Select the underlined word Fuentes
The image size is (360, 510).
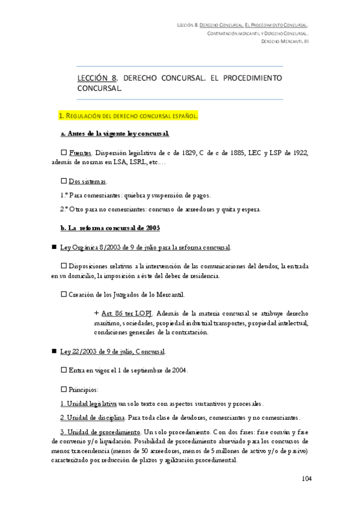[x=81, y=152]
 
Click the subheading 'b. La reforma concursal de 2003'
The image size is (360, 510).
[x=110, y=229]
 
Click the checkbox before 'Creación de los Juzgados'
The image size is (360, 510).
[x=64, y=295]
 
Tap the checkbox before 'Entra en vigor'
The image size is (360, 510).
[x=64, y=370]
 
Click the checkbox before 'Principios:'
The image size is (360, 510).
[x=64, y=389]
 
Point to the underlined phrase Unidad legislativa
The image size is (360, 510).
[x=88, y=404]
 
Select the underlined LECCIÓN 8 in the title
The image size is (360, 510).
[x=96, y=78]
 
